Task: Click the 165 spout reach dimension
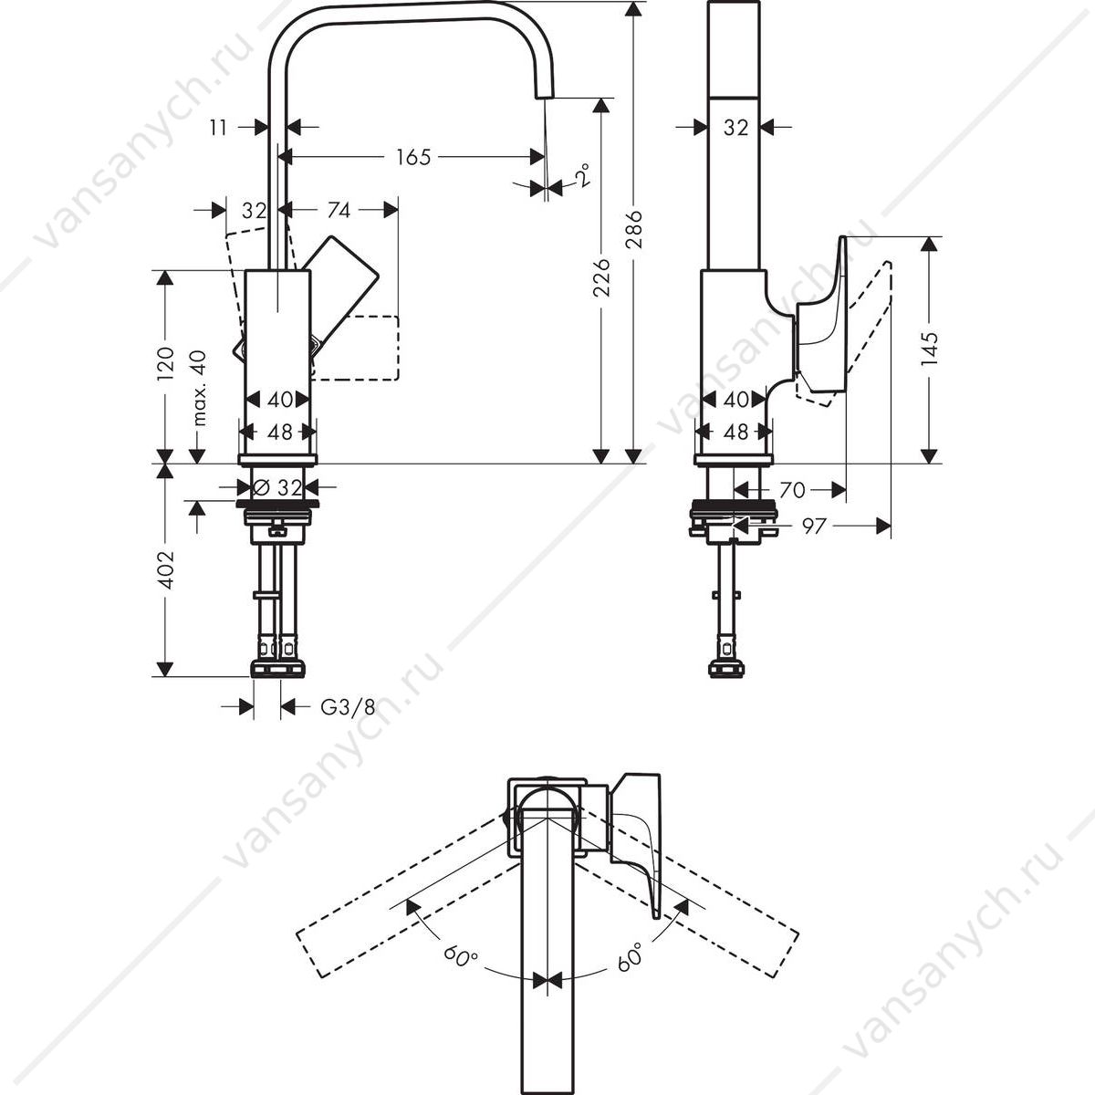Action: point(413,157)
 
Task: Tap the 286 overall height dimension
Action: point(633,229)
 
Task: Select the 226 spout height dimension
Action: point(601,277)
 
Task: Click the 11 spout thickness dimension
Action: point(218,128)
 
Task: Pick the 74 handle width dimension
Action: point(339,210)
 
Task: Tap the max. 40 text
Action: point(199,388)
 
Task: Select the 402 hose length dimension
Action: point(165,569)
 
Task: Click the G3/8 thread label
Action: point(348,707)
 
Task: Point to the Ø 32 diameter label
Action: point(277,487)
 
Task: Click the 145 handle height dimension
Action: point(929,349)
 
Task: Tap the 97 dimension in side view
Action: point(813,527)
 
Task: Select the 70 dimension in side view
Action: point(792,489)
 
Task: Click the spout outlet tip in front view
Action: point(544,97)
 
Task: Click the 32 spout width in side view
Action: point(735,128)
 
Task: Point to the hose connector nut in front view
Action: point(277,668)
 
